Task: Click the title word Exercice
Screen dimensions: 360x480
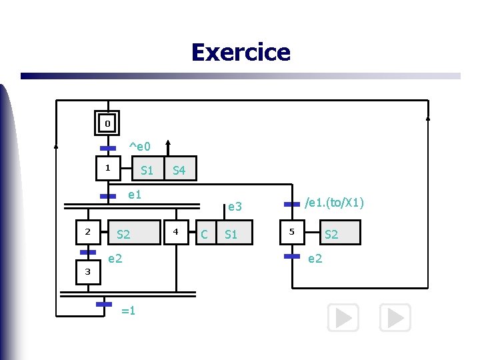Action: (240, 52)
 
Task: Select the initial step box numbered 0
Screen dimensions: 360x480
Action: (107, 123)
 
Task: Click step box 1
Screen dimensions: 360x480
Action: (107, 169)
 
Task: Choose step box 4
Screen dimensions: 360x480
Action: (177, 232)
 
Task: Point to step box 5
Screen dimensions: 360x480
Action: (292, 232)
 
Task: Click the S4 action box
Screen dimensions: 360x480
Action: (179, 171)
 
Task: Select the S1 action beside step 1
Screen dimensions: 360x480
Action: (147, 171)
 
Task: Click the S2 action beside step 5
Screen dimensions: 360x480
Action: (331, 233)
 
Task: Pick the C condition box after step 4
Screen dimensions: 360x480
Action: (205, 234)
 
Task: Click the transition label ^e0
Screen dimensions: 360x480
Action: (139, 146)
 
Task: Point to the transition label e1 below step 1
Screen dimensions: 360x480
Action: (135, 195)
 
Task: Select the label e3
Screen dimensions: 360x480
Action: (235, 207)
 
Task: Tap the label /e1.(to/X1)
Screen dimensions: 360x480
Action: (334, 202)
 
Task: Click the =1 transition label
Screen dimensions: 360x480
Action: (129, 310)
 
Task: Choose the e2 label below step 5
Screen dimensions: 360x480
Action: (315, 258)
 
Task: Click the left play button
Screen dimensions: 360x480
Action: (343, 318)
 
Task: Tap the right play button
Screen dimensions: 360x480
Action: (395, 318)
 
